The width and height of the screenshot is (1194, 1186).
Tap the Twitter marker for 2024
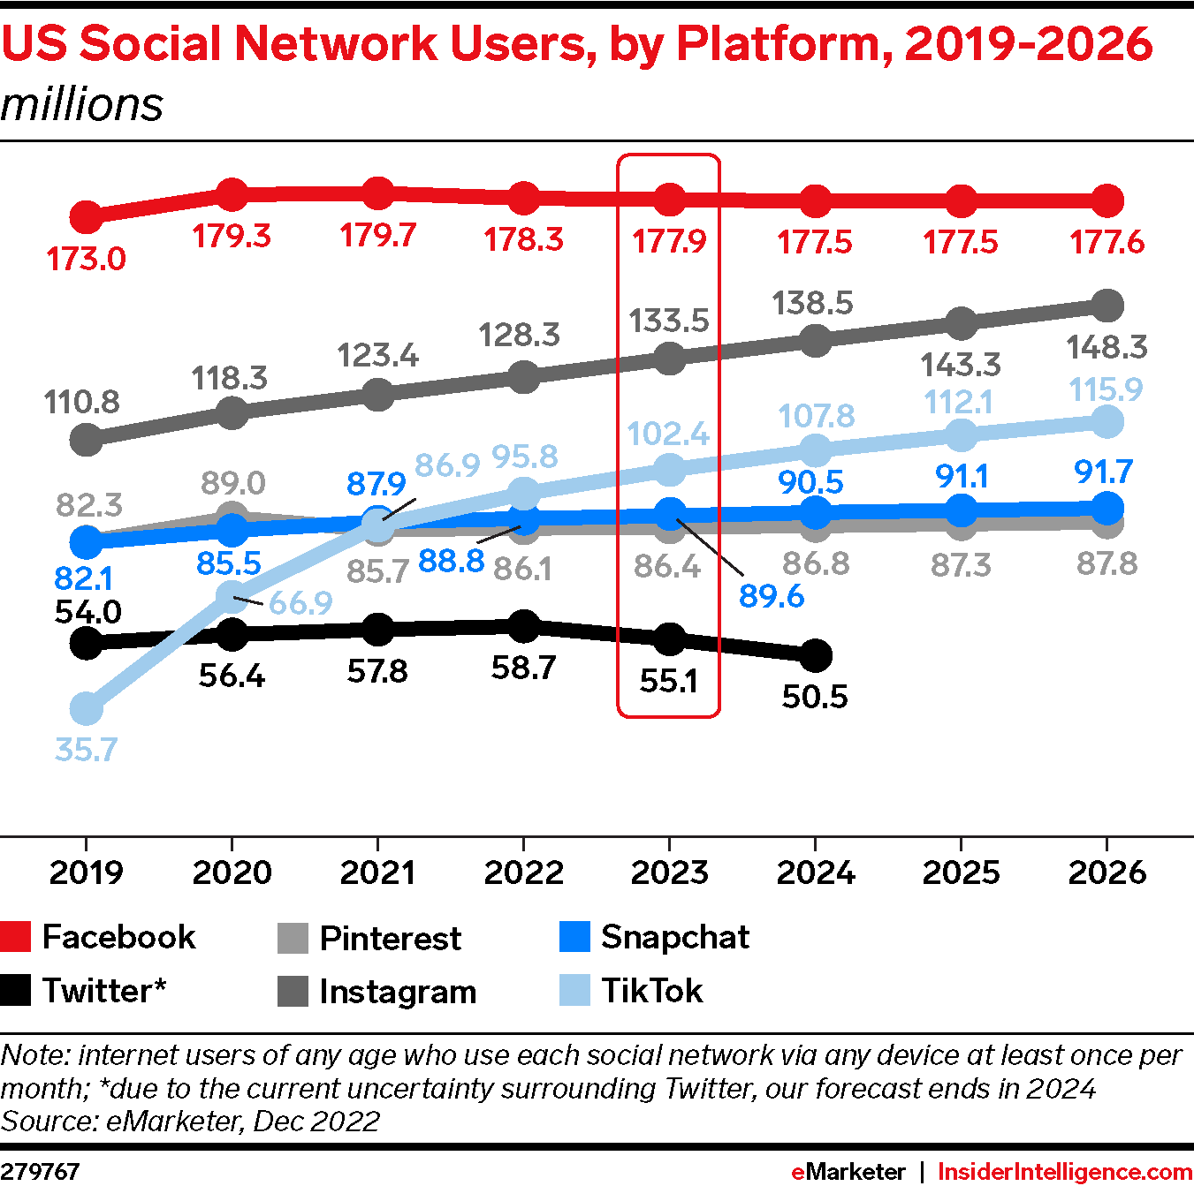coord(816,655)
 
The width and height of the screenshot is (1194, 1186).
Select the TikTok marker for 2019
coord(86,708)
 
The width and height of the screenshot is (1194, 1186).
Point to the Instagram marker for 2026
coord(1107,306)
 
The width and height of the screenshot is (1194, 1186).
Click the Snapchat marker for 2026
coord(1107,508)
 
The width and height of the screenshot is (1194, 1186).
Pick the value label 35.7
coord(86,750)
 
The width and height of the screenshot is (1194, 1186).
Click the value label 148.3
coord(1107,348)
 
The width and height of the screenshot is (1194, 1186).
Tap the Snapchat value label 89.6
coord(772,596)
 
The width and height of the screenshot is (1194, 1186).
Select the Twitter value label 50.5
coord(815,697)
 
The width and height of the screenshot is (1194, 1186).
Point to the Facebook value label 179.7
coord(377,236)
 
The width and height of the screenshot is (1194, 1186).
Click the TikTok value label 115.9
coord(1106,389)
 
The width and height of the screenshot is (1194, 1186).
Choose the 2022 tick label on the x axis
coord(523,873)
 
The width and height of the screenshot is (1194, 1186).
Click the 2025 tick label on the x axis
coord(961,873)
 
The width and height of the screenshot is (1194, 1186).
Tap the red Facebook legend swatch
coord(15,937)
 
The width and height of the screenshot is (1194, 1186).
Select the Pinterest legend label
coord(390,938)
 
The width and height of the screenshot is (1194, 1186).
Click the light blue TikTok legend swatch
coord(574,991)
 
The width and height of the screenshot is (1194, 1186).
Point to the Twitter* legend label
coord(104,991)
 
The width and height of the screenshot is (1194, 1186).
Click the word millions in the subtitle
coord(82,104)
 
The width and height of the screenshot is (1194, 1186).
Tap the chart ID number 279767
coord(40,1172)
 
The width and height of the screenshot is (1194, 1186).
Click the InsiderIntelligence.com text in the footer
coord(1065,1172)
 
